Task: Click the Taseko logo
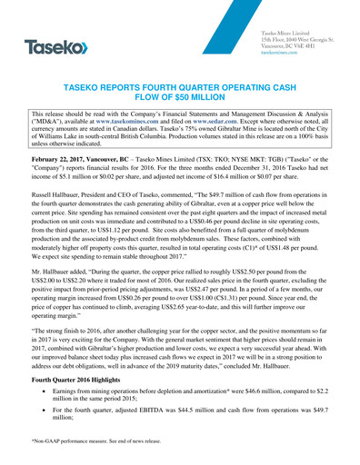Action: (x=56, y=45)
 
